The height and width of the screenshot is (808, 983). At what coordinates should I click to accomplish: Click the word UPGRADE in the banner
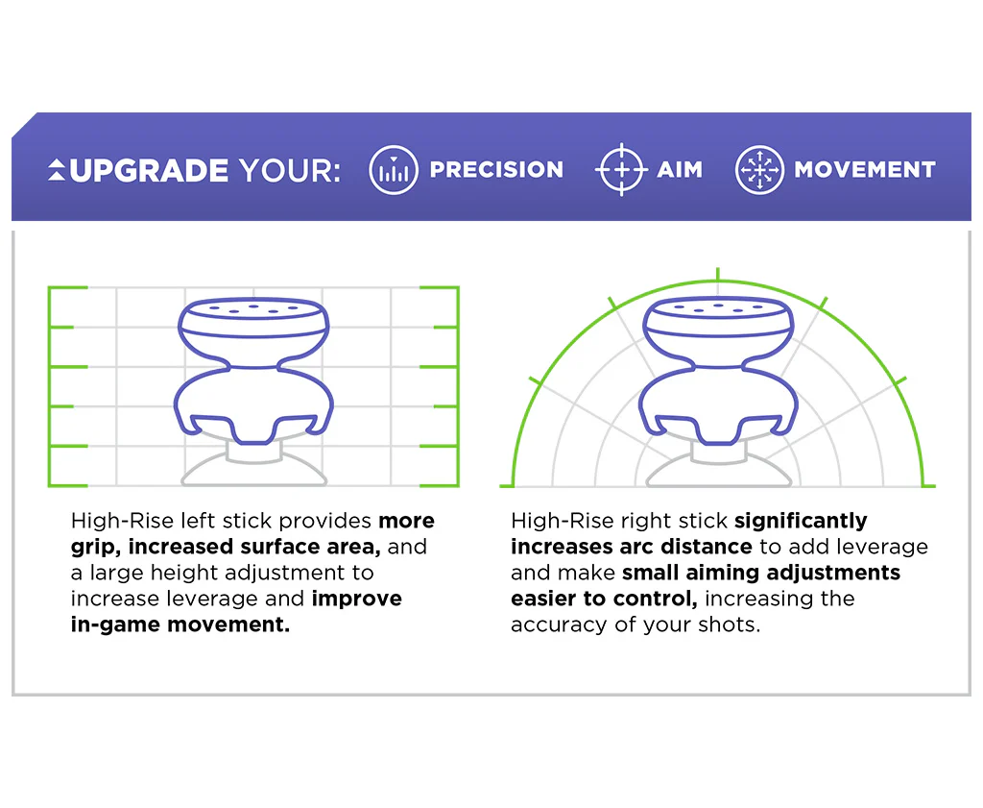149,170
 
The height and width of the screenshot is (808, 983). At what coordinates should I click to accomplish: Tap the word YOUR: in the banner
290,170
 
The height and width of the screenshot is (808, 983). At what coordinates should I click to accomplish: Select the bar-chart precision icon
394,170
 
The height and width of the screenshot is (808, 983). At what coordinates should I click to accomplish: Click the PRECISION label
496,169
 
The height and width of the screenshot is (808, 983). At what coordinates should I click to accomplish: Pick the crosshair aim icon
621,169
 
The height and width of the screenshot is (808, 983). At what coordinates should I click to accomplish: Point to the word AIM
680,169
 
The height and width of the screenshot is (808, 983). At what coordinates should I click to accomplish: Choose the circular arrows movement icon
759,169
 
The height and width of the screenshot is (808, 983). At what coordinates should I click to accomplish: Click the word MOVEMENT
865,169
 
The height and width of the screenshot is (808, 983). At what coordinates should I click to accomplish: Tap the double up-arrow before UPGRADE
57,170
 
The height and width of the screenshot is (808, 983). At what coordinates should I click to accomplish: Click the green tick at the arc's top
718,274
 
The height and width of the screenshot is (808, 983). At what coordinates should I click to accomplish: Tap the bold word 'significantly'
801,521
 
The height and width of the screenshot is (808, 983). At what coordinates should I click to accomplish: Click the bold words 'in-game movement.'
180,624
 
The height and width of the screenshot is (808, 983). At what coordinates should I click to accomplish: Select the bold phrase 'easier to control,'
604,599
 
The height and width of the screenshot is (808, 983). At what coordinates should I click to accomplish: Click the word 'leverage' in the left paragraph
209,600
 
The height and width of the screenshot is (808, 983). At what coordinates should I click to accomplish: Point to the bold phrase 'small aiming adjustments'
761,573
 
